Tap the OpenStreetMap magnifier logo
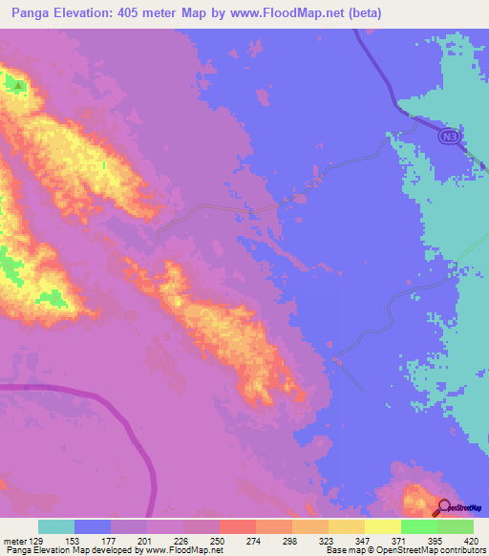444,508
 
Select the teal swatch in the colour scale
56,526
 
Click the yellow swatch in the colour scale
383,526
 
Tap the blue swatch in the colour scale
93,526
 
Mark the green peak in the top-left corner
17,86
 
